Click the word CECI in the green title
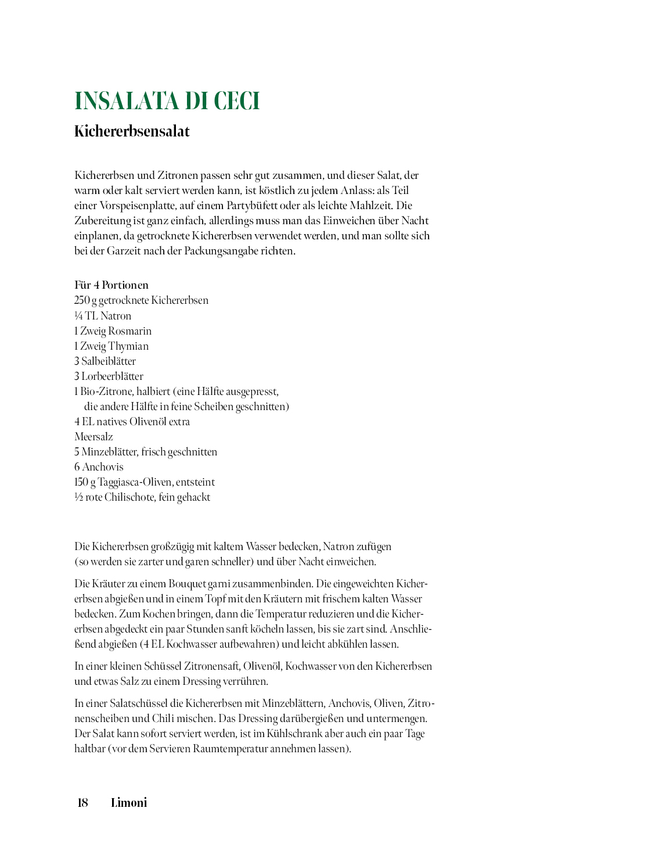click(237, 101)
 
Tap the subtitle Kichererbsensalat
click(132, 131)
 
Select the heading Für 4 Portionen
click(111, 285)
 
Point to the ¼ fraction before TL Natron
click(78, 316)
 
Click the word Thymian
click(128, 346)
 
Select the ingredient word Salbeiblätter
click(109, 361)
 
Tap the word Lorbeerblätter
click(112, 376)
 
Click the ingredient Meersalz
click(93, 437)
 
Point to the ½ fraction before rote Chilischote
click(78, 497)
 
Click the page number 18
click(83, 803)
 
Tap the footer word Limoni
click(129, 803)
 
